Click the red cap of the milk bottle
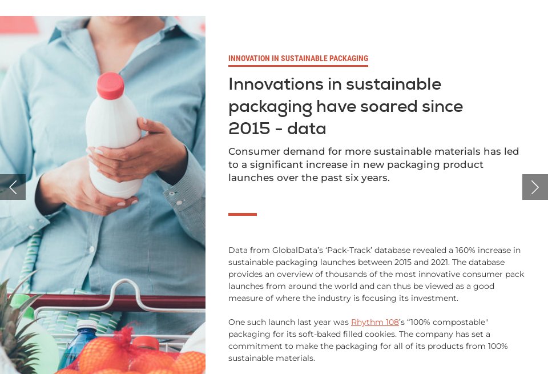(x=110, y=86)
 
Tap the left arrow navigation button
(x=13, y=187)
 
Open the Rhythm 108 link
(x=374, y=322)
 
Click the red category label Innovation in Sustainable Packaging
(x=298, y=58)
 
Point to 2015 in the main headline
(x=249, y=128)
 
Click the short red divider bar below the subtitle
(x=242, y=214)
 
